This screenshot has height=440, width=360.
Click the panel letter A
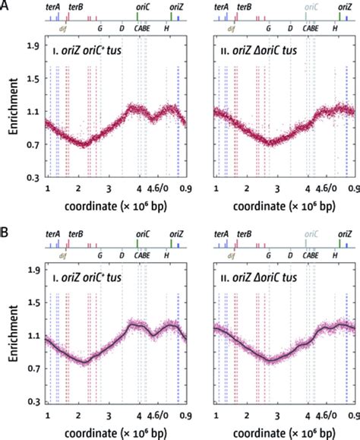point(5,5)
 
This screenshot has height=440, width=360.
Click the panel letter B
point(5,226)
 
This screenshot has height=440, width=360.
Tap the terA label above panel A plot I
point(53,6)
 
